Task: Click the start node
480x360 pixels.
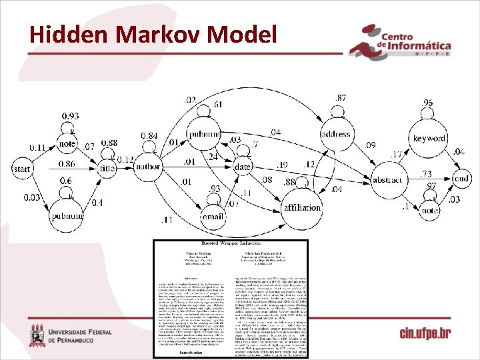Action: pyautogui.click(x=22, y=169)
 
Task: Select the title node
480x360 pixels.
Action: pyautogui.click(x=107, y=169)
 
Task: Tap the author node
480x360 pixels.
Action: pyautogui.click(x=148, y=167)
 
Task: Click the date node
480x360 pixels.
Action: pyautogui.click(x=243, y=167)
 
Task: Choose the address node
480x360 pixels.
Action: pyautogui.click(x=335, y=134)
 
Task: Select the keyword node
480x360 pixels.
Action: pyautogui.click(x=429, y=138)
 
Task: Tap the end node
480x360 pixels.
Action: pyautogui.click(x=461, y=179)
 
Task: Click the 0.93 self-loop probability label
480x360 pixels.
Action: pyautogui.click(x=70, y=117)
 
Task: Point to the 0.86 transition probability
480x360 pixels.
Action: pyautogui.click(x=67, y=164)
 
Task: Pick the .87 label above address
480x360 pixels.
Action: pyautogui.click(x=340, y=98)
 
